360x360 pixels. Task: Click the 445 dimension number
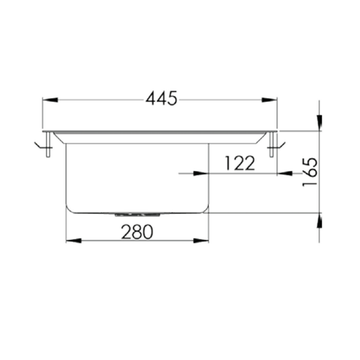(161, 98)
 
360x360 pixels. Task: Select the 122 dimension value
(240, 164)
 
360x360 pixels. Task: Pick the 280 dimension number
(137, 232)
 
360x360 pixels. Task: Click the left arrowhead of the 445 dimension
(49, 99)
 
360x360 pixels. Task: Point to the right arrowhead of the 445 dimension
(269, 99)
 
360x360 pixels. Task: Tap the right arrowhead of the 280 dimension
(202, 240)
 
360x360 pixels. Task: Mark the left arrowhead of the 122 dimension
(202, 174)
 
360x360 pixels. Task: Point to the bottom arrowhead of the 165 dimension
(319, 222)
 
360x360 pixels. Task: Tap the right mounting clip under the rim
(274, 145)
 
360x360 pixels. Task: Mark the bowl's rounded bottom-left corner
(70, 209)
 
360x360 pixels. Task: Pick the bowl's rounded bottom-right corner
(206, 209)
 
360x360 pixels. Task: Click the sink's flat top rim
(159, 132)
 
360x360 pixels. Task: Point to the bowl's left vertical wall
(66, 175)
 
